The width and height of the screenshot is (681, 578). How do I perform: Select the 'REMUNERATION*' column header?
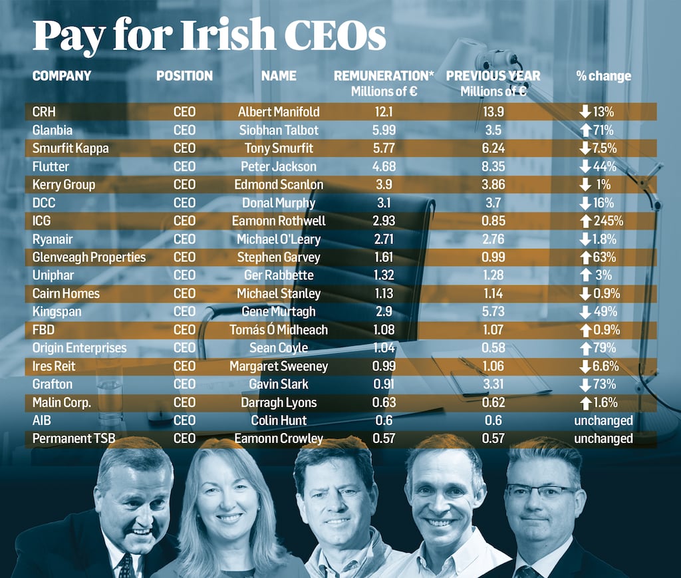tap(383, 76)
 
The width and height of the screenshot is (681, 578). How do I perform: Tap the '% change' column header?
tap(603, 76)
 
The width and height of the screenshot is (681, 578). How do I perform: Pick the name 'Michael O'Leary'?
tap(279, 239)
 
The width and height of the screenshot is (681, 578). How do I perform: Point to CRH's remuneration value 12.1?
tap(384, 112)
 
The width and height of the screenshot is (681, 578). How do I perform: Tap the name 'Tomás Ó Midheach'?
tap(279, 330)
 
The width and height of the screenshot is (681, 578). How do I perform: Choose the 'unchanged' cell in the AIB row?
tap(603, 420)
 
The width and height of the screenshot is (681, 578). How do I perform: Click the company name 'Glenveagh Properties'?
tap(89, 257)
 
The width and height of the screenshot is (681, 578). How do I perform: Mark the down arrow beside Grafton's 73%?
tap(585, 384)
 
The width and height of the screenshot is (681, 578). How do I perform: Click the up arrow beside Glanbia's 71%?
tap(585, 130)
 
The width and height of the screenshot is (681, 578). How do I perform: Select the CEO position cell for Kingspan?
tap(184, 311)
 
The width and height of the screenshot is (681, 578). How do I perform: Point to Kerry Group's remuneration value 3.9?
tap(384, 185)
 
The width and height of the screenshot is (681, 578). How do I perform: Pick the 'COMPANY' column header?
tap(62, 76)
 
